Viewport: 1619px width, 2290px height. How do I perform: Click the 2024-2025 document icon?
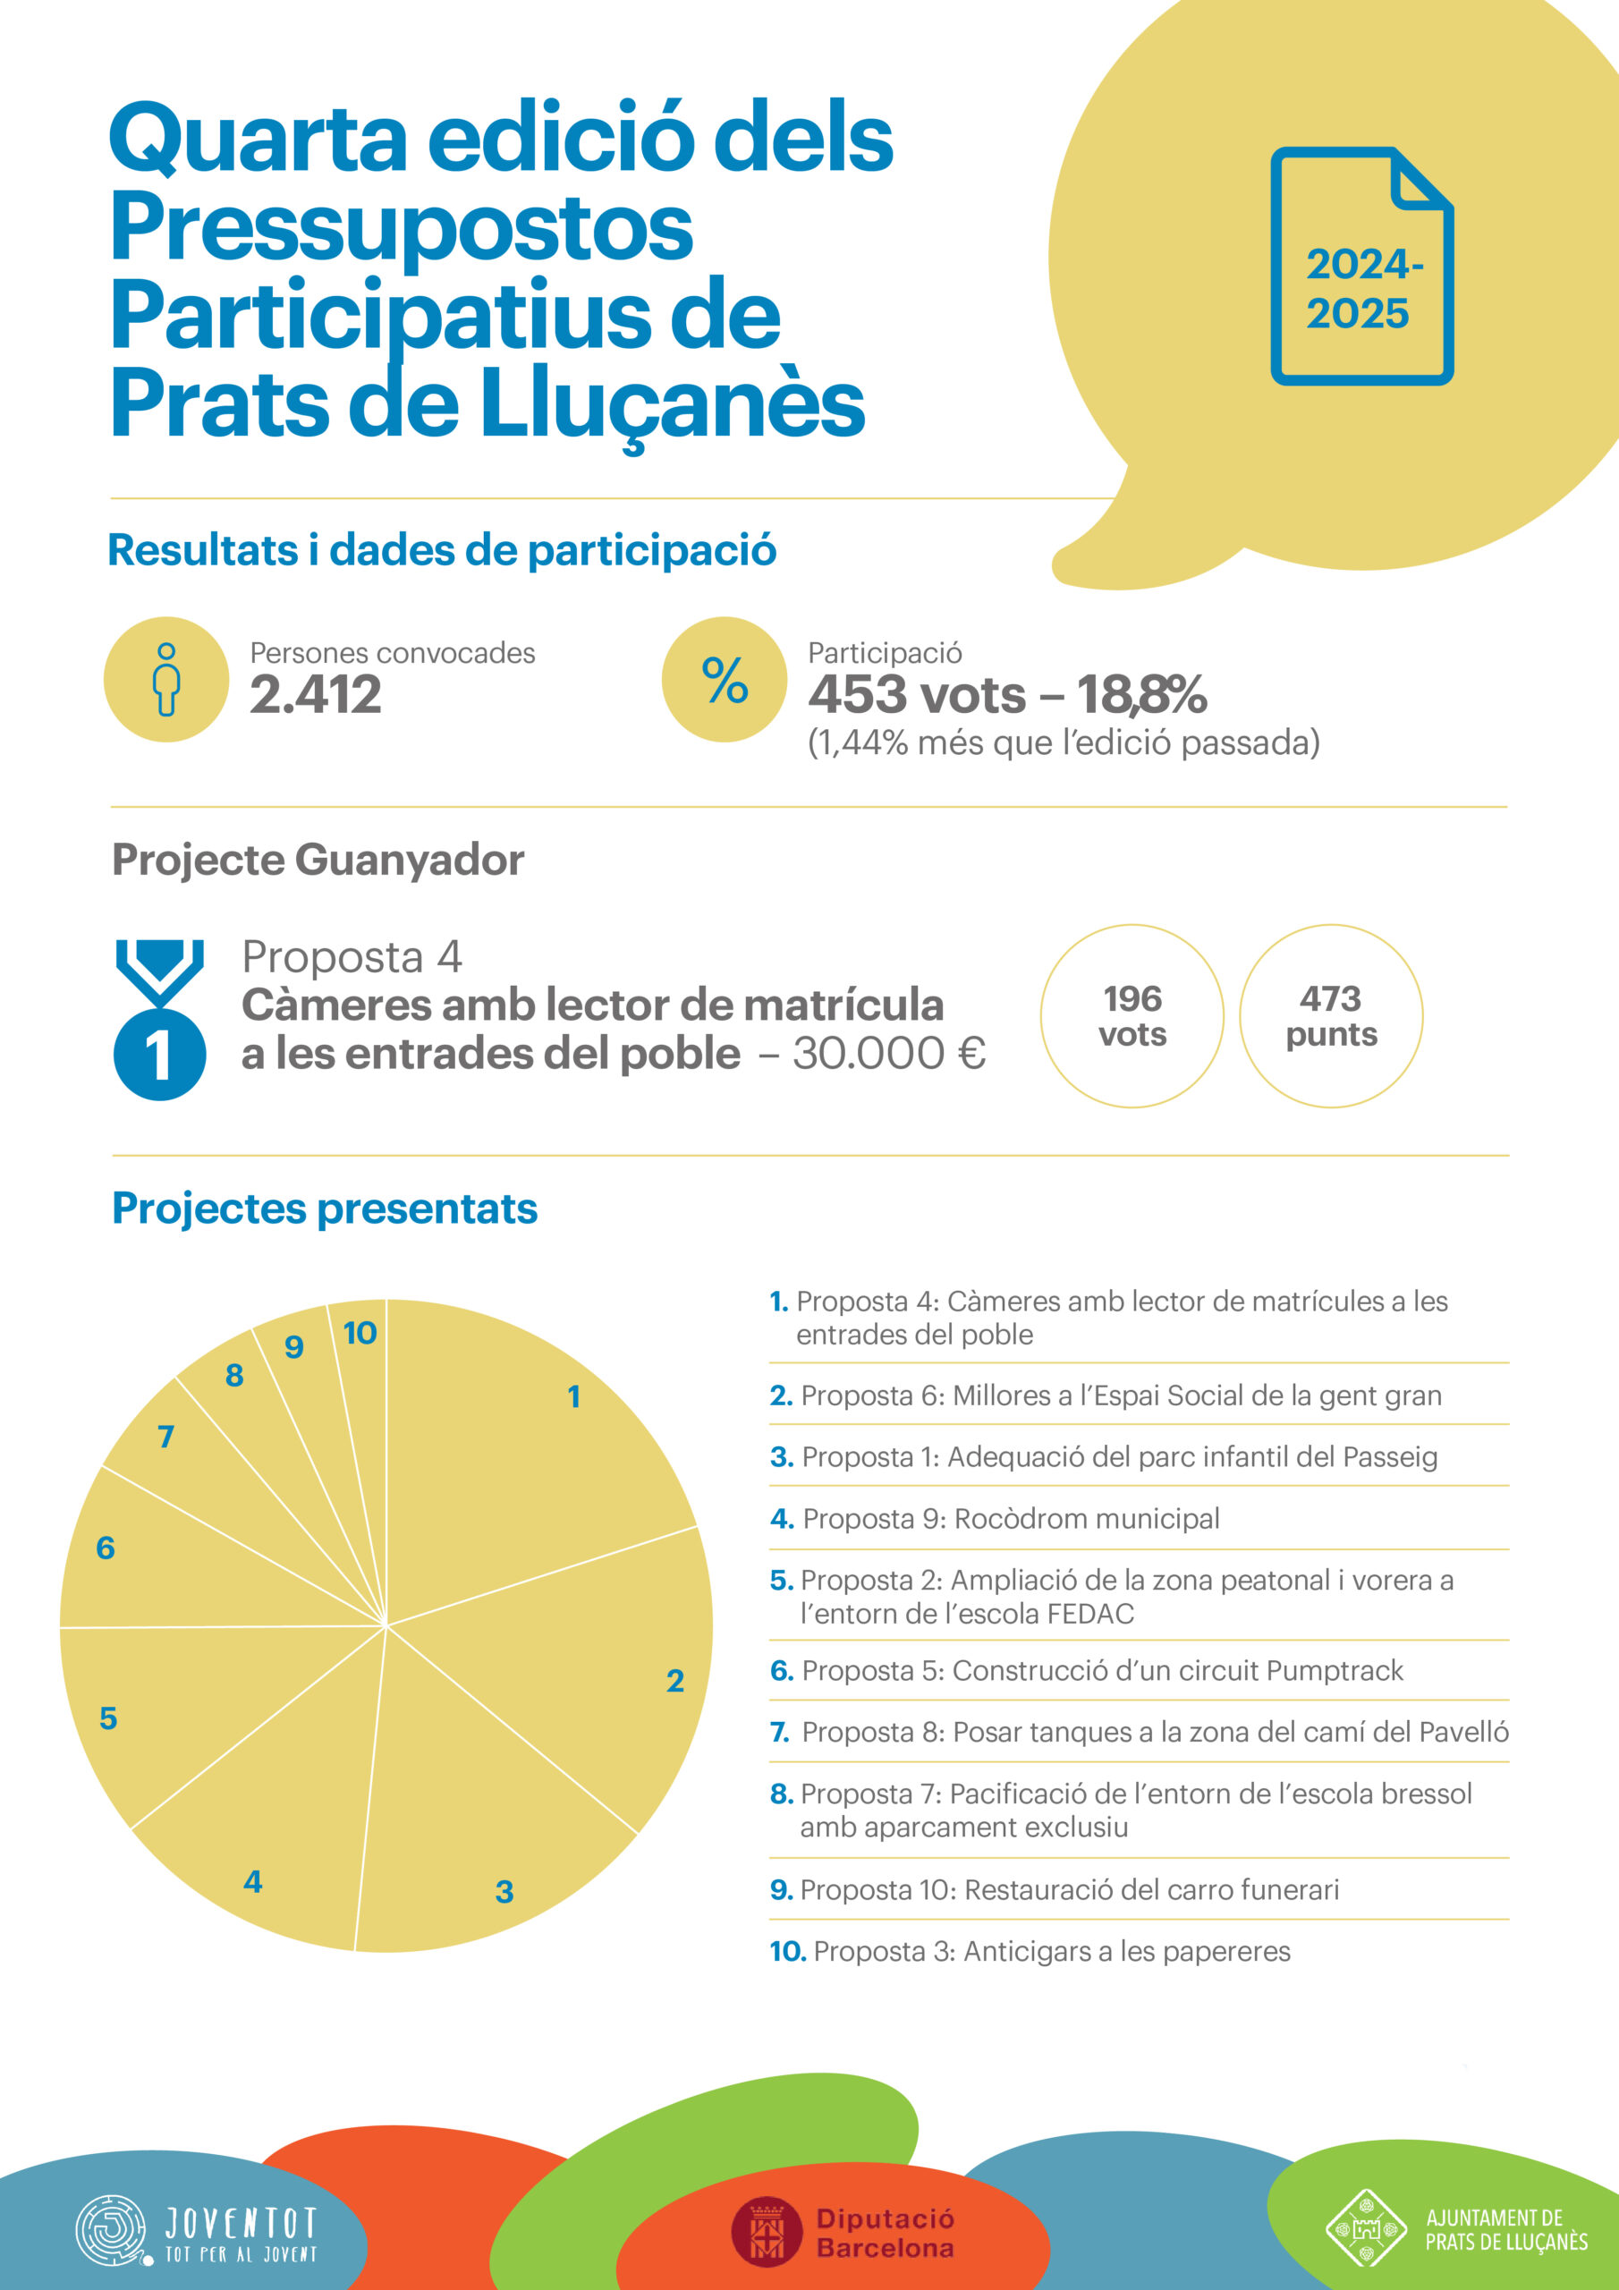(x=1361, y=267)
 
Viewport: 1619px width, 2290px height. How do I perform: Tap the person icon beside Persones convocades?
(x=166, y=679)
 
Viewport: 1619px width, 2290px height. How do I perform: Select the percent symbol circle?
(x=725, y=679)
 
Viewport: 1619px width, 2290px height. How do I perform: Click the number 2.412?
(x=315, y=695)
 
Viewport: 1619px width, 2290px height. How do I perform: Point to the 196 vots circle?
(x=1132, y=1015)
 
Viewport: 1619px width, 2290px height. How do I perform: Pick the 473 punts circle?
(x=1331, y=1015)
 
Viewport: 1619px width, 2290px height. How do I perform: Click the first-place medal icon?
(x=159, y=1020)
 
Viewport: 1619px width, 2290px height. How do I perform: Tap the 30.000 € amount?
(x=889, y=1053)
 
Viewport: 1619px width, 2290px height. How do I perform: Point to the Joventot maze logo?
(x=111, y=2229)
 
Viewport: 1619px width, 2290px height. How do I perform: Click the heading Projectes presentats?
(x=324, y=1208)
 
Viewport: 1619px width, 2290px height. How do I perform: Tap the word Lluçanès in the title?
(x=674, y=403)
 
